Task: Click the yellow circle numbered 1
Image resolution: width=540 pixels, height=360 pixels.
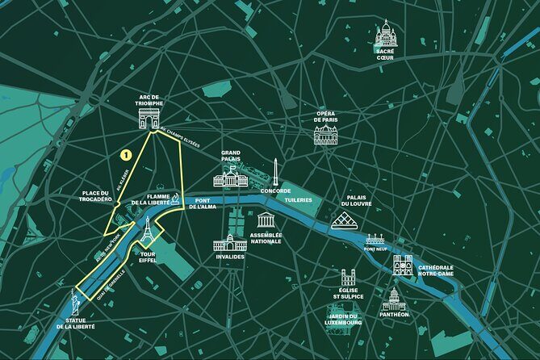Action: pos(126,153)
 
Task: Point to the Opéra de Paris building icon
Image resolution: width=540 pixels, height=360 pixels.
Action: pos(325,133)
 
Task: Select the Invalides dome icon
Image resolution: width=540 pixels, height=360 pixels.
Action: pos(230,241)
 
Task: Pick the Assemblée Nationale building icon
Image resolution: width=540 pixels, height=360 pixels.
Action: pos(266,220)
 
